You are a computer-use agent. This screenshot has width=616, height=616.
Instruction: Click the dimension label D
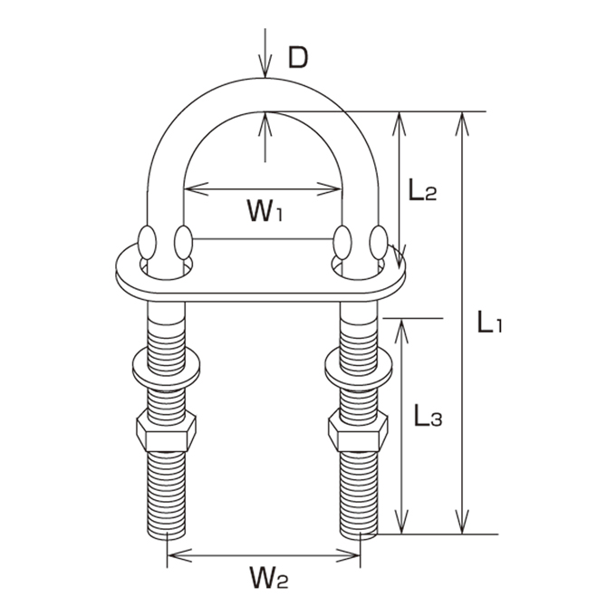coord(298,57)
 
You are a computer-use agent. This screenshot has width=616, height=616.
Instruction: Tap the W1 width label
coord(265,210)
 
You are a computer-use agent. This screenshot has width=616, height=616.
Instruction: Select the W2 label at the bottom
coord(269,578)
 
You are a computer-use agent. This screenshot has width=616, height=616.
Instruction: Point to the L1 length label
coord(489,322)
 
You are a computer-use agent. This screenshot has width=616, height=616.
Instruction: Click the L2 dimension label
coord(422,189)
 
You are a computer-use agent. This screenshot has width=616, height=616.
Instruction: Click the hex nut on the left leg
coord(166,430)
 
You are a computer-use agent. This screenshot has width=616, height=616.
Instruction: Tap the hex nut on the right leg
coord(358,430)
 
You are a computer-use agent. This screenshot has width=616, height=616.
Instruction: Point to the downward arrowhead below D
coord(265,67)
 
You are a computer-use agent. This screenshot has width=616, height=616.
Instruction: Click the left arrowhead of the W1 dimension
coord(196,189)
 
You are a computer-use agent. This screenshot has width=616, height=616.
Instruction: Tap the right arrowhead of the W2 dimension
coord(348,555)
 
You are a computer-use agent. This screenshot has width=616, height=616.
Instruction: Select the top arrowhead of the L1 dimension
coord(462,124)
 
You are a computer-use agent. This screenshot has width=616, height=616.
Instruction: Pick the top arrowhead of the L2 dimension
coord(399,124)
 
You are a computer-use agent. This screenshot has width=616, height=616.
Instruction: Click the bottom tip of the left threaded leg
coord(167,540)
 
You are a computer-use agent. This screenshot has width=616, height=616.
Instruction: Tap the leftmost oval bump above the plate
coord(148,243)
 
